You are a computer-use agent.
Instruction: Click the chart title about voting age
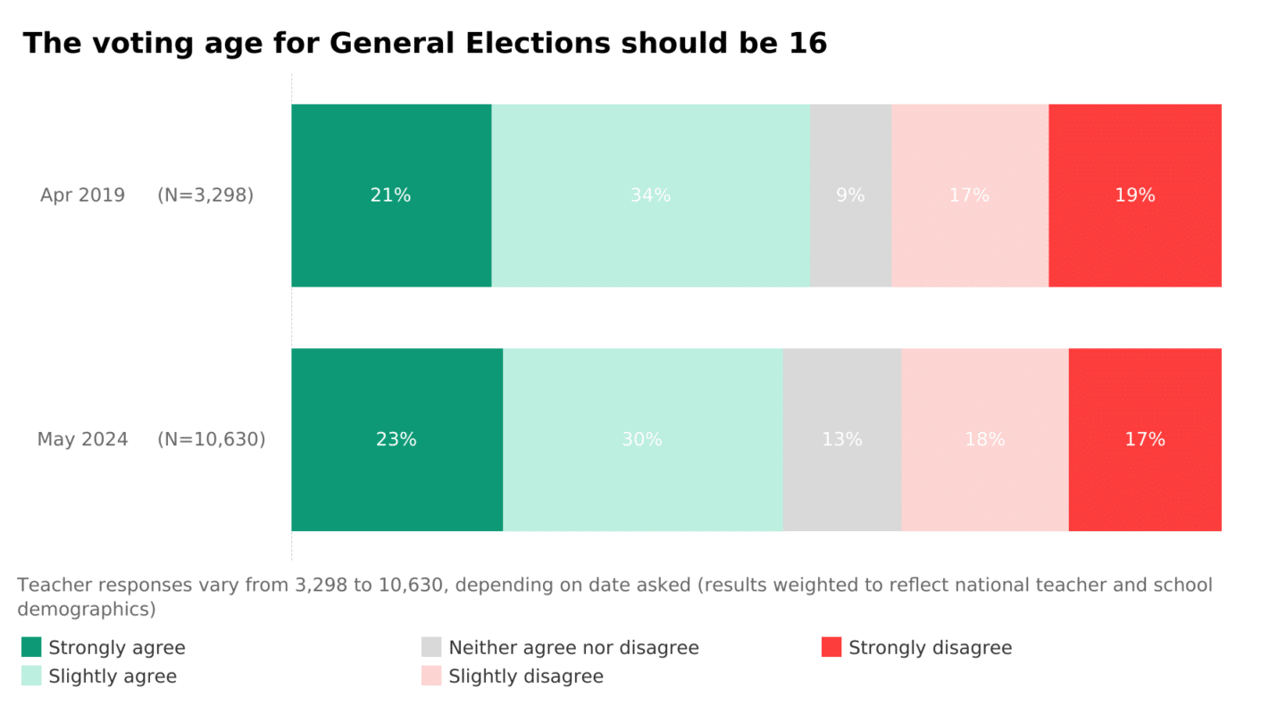(x=425, y=43)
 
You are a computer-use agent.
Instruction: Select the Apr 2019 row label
(x=82, y=195)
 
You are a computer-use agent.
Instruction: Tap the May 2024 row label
(x=82, y=439)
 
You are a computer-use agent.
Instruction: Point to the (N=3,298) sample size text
(x=205, y=195)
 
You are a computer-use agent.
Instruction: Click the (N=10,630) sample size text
(x=212, y=439)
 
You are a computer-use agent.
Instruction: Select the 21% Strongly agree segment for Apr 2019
(x=391, y=195)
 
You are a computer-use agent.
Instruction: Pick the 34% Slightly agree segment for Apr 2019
(x=650, y=195)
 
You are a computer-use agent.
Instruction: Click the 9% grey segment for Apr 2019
(x=850, y=195)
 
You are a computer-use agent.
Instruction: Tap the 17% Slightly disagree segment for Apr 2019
(x=969, y=195)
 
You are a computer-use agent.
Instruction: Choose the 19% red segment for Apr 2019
(x=1134, y=195)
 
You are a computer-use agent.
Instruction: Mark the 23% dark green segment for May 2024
(x=397, y=439)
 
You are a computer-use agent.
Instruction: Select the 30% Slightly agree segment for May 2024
(x=642, y=439)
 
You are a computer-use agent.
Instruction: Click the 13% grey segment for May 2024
(x=842, y=439)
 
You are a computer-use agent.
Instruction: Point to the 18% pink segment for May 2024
(x=984, y=439)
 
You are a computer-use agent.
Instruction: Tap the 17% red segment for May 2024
(x=1144, y=439)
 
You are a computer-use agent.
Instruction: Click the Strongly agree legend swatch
(x=31, y=647)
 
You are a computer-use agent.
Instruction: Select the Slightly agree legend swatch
(x=31, y=676)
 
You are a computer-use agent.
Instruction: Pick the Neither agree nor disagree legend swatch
(x=431, y=647)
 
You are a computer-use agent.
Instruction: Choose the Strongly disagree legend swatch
(x=831, y=647)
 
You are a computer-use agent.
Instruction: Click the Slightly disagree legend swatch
(x=431, y=676)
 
